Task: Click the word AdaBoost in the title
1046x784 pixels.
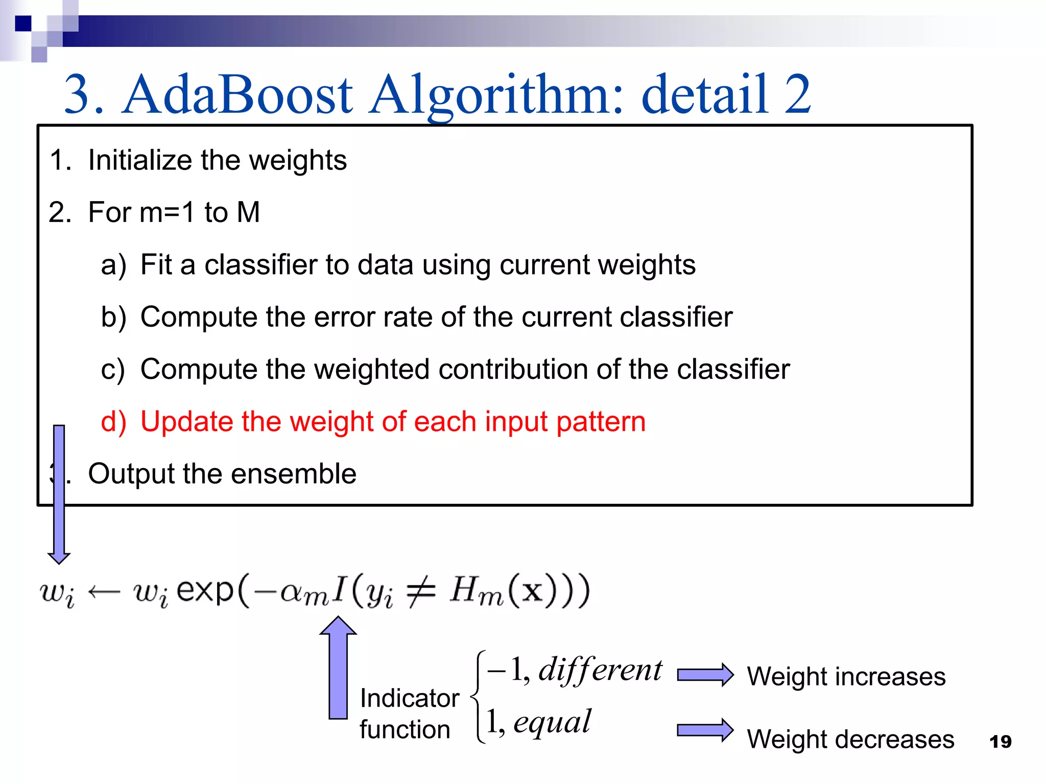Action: [238, 95]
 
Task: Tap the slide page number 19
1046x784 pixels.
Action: [1000, 742]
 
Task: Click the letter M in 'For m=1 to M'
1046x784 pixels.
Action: [248, 212]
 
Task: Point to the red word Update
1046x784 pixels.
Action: [186, 422]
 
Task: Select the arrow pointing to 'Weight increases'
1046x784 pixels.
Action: [705, 675]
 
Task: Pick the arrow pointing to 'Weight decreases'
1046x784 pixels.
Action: [705, 730]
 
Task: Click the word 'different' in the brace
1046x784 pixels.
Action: [600, 670]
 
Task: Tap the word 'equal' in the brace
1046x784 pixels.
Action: [552, 722]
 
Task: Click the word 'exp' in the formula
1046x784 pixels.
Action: [205, 591]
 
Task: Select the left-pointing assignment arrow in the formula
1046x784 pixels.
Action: [104, 592]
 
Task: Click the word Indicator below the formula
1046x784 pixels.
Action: [410, 698]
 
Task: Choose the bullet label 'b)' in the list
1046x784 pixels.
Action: [113, 317]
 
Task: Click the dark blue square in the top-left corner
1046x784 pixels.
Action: [23, 23]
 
